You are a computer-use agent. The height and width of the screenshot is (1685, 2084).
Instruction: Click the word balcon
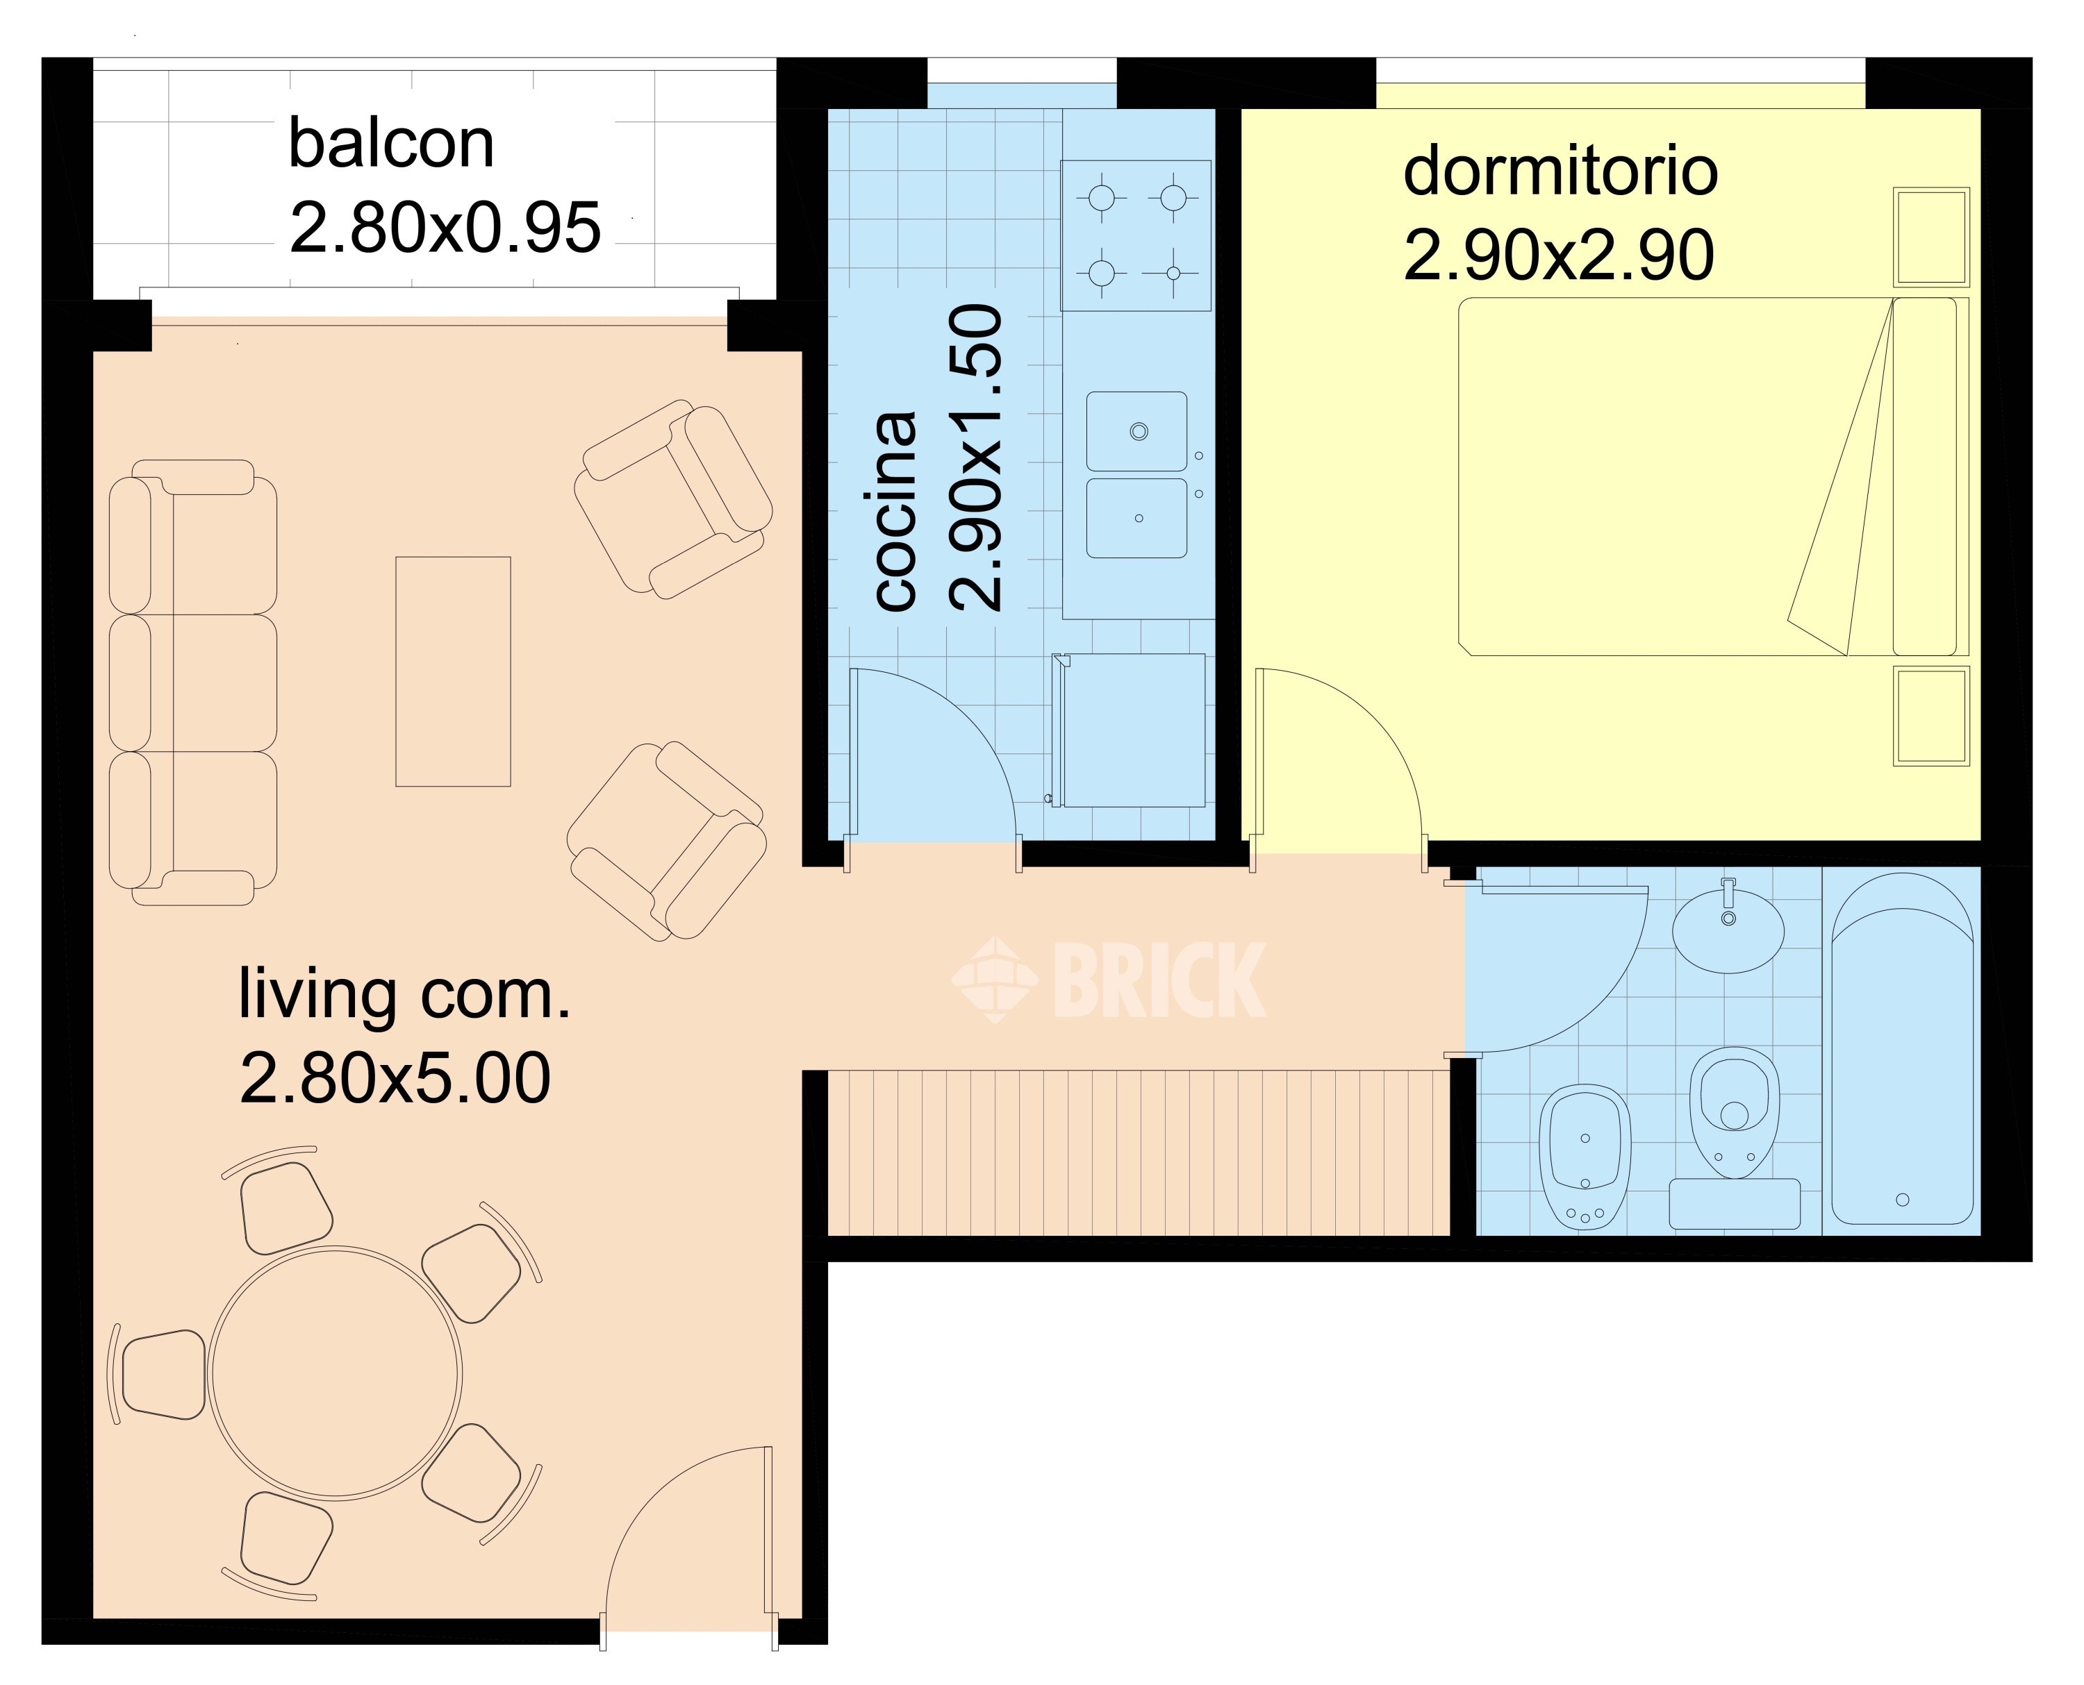pyautogui.click(x=391, y=144)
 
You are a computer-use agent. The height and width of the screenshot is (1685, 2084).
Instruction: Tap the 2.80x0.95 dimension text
pyautogui.click(x=445, y=228)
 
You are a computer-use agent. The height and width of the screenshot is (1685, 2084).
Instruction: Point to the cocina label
pyautogui.click(x=895, y=512)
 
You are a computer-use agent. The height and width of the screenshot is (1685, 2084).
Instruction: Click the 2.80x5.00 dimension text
pyautogui.click(x=395, y=1078)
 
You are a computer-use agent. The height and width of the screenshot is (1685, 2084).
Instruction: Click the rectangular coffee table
pyautogui.click(x=452, y=671)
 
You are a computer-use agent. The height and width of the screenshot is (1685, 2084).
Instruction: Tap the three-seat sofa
pyautogui.click(x=192, y=682)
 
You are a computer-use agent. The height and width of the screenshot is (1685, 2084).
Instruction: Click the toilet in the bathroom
pyautogui.click(x=1735, y=1112)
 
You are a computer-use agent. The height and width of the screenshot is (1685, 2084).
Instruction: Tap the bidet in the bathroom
pyautogui.click(x=1585, y=1157)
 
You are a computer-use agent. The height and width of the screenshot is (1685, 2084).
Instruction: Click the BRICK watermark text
pyautogui.click(x=1159, y=980)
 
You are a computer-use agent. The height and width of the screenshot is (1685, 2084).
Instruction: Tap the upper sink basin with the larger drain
pyautogui.click(x=1136, y=431)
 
